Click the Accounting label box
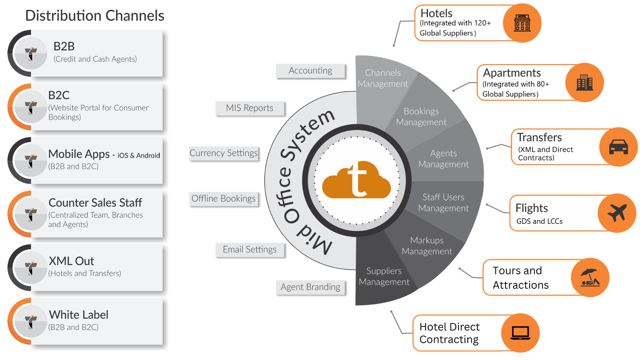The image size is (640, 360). (310, 71)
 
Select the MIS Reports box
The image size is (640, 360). (250, 108)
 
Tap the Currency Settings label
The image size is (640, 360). (224, 153)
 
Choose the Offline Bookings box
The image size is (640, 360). (224, 199)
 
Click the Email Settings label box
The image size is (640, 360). (250, 250)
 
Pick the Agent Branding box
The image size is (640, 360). (310, 287)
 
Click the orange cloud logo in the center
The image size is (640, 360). (356, 180)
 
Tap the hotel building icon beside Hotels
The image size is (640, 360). (522, 23)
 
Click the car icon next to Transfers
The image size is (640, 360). (618, 147)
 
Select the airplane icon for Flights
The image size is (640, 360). (617, 213)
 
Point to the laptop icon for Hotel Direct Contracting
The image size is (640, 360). (520, 333)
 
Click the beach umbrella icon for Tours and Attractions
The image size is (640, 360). (590, 277)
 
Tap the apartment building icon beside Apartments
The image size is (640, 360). (585, 83)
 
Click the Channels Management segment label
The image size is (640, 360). (383, 78)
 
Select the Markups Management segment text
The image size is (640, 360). (427, 246)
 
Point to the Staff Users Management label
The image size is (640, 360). (443, 203)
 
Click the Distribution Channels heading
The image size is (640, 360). (95, 16)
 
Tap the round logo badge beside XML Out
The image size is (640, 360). (31, 268)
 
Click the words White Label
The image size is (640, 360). (79, 315)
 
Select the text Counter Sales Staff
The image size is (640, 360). (95, 203)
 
